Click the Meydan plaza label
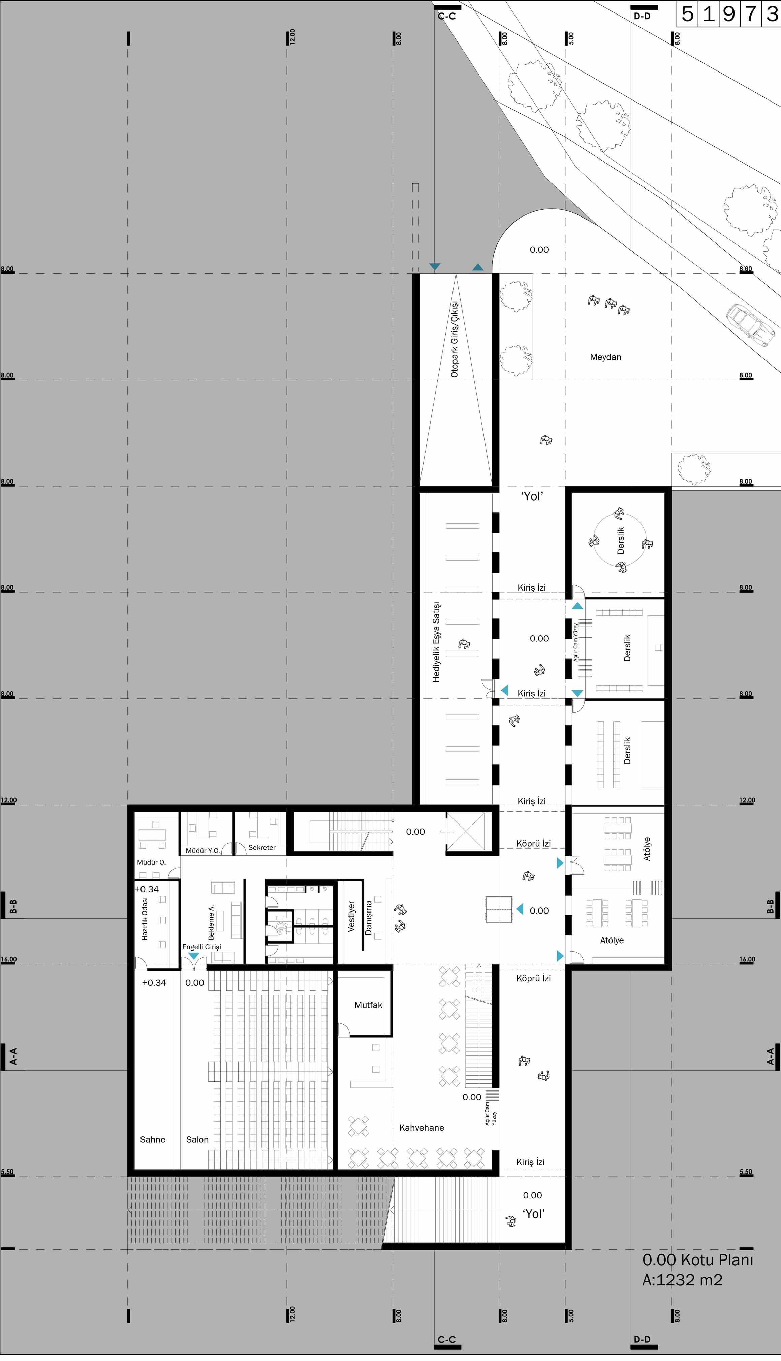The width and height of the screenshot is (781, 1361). click(x=605, y=357)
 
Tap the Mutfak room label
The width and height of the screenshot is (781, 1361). click(x=369, y=1005)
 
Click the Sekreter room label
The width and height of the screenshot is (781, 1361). click(x=262, y=848)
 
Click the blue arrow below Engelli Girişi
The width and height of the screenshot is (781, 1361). click(x=193, y=956)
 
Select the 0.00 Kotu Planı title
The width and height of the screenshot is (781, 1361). click(x=698, y=1260)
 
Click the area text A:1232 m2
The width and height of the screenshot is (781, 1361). click(x=682, y=1280)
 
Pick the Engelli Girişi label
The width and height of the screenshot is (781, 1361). click(x=202, y=947)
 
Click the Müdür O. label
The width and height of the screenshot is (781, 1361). click(x=151, y=862)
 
